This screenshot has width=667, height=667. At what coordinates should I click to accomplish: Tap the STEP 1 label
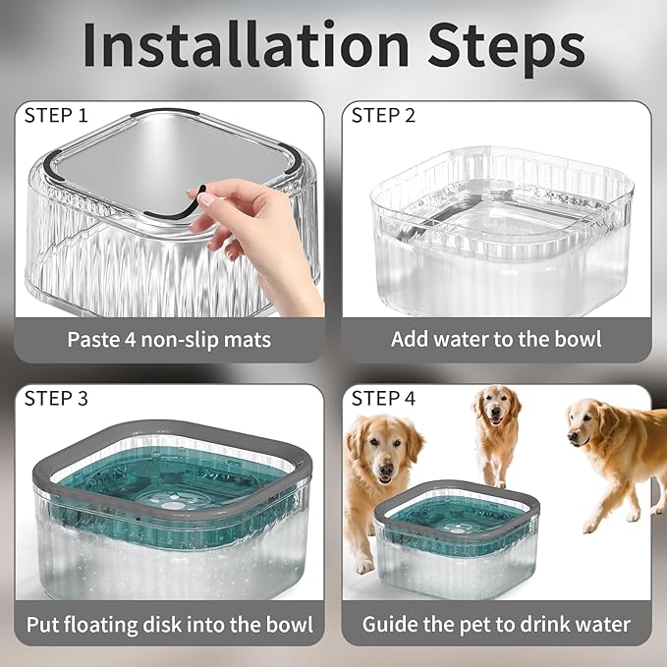[56, 115]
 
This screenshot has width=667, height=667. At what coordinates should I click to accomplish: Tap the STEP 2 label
[383, 115]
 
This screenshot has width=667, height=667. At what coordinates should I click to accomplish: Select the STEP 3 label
[56, 398]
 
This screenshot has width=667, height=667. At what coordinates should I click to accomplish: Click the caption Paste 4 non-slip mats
[169, 340]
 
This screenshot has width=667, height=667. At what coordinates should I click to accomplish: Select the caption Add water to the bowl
[496, 340]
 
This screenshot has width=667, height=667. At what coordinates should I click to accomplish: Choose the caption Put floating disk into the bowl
[169, 624]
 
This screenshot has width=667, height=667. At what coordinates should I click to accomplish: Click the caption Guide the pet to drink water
[496, 624]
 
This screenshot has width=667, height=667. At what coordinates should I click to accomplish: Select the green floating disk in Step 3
[169, 496]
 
